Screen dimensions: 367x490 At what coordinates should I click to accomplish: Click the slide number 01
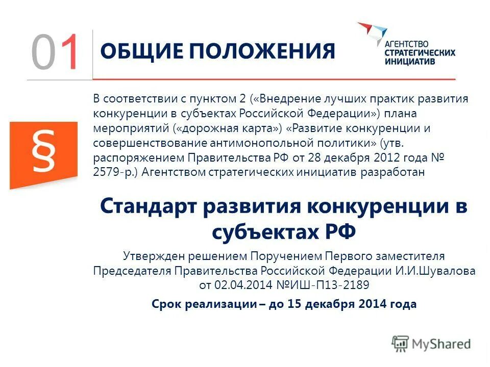[56, 52]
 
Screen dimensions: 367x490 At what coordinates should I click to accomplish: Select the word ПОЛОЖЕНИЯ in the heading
[255, 52]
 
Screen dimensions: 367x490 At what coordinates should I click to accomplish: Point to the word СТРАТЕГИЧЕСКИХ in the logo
[420, 53]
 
